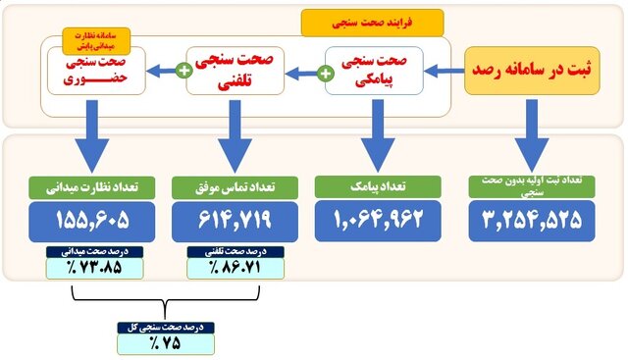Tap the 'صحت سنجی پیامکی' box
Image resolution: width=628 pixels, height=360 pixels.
[374, 70]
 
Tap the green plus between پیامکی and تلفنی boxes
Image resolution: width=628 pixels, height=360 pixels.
[325, 72]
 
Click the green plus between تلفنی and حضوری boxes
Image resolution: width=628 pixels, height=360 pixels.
[183, 71]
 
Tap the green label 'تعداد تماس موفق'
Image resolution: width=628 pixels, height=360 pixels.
[235, 185]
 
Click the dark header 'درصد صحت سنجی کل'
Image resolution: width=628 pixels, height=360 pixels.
[165, 328]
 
